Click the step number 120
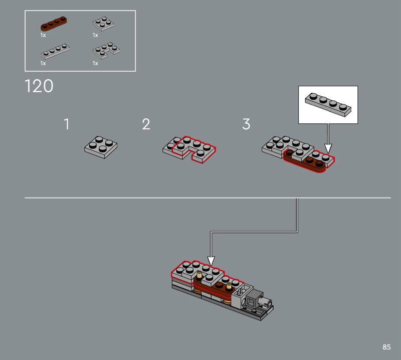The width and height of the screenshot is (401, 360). point(39,86)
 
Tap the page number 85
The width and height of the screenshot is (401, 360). point(386,347)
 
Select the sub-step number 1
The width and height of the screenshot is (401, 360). point(67,124)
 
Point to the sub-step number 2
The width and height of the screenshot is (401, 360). point(146,124)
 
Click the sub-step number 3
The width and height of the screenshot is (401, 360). point(246,124)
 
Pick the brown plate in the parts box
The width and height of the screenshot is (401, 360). point(54,23)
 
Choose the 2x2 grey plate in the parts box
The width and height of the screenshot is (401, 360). point(103,24)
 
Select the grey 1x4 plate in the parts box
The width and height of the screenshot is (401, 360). point(55,51)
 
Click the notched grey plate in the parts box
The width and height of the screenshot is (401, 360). point(106,51)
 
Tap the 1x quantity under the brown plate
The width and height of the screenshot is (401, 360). point(43,35)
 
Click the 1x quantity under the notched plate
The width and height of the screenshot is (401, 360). point(95,63)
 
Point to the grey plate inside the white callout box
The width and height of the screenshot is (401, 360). point(328,104)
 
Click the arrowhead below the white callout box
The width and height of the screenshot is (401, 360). point(328,148)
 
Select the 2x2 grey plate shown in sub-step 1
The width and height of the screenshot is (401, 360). point(101,147)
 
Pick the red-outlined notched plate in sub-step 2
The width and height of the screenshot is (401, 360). point(194,149)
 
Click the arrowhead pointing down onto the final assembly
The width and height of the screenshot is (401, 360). point(211,261)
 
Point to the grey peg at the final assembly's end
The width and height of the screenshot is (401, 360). point(267,302)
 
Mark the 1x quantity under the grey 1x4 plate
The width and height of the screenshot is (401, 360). point(43,63)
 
